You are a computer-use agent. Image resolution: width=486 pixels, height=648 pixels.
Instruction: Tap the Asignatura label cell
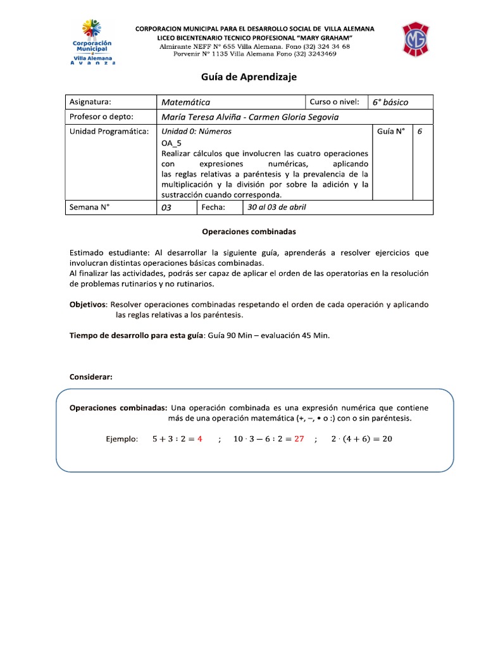coord(90,102)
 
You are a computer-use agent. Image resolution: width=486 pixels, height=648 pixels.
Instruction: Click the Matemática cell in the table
coord(185,102)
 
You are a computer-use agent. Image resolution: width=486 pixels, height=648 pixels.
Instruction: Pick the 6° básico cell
coord(390,102)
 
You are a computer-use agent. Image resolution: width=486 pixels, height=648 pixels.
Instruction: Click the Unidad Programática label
coord(109,132)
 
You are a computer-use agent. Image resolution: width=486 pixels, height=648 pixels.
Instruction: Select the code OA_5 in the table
coord(171,143)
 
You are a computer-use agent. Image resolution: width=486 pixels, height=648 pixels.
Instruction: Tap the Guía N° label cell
coord(390,132)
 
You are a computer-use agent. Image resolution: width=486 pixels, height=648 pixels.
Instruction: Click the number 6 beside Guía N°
coord(420,132)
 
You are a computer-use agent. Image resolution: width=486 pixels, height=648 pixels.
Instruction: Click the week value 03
coord(167,208)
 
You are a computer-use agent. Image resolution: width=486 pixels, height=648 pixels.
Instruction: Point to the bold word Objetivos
coord(88,304)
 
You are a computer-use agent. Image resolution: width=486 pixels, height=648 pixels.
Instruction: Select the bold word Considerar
coord(90,377)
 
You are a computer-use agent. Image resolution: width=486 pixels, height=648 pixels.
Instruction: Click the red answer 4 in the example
coord(199,439)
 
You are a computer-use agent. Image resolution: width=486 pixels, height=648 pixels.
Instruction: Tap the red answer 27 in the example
coord(299,439)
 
